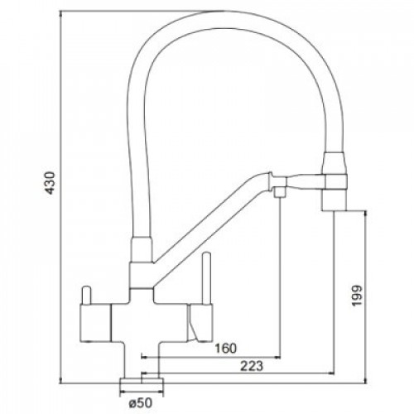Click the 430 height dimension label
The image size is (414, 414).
tap(51, 183)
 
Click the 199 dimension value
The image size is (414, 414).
tap(356, 296)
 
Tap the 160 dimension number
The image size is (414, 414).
tap(226, 349)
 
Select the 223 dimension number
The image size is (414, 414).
tap(252, 366)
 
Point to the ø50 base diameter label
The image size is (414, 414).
tap(140, 403)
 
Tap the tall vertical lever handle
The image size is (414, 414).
tap(206, 277)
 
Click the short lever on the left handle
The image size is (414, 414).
tap(85, 295)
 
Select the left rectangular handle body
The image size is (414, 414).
tap(95, 322)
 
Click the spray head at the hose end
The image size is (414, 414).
tap(335, 181)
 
